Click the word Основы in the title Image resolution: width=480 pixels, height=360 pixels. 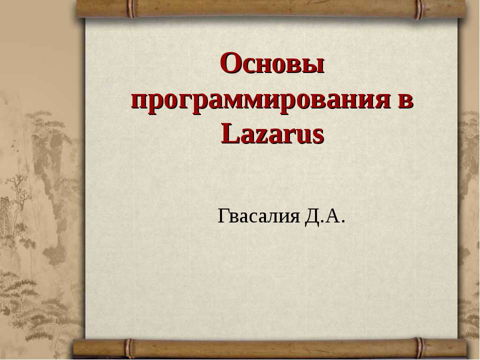[272, 65]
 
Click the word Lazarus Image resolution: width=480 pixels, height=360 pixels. [272, 134]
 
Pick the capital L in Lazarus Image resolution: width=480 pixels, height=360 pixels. [227, 134]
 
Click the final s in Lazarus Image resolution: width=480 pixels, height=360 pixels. [318, 135]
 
